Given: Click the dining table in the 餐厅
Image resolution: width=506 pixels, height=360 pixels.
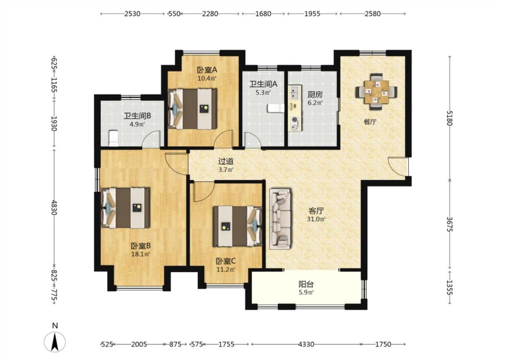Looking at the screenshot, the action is (376, 92).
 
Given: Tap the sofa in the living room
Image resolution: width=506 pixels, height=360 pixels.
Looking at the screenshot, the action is (280, 219).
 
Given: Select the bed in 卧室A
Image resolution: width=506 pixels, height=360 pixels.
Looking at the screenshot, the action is (193, 109).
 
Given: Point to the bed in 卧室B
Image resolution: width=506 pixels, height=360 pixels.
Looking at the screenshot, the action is (126, 208).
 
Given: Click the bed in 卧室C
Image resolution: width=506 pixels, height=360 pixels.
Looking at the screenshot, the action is (237, 226).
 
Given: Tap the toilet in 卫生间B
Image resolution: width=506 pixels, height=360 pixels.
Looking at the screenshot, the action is (113, 138).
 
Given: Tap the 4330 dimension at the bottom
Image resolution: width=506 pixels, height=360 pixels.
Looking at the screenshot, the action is (306, 344).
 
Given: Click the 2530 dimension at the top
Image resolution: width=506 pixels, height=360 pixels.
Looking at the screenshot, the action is (132, 14).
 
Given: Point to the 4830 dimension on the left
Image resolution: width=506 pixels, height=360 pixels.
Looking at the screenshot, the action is (54, 207).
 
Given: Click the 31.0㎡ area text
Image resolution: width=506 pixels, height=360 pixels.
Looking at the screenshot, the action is (316, 219).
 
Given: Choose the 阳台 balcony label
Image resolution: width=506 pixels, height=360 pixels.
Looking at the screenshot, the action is (306, 284).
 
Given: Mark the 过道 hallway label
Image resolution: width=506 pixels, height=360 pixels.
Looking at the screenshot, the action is (226, 161).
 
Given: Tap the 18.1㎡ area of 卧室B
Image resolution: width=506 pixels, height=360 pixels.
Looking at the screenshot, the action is (141, 254).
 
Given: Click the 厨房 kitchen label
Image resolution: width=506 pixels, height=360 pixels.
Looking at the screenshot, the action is (315, 95).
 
